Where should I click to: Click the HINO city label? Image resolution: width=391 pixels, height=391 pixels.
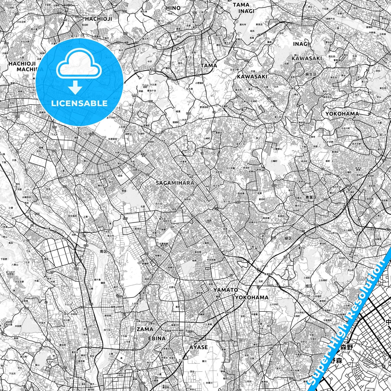click(173, 8)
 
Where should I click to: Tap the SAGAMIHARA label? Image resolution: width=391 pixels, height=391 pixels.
click(175, 183)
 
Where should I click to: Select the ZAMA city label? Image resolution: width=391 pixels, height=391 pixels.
click(145, 329)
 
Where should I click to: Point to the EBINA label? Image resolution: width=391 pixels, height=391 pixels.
click(157, 339)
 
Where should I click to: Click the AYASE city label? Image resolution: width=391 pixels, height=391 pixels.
click(198, 347)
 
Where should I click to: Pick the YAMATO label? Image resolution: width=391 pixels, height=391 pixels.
click(226, 290)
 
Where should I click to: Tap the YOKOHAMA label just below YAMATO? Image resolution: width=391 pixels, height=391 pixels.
click(252, 297)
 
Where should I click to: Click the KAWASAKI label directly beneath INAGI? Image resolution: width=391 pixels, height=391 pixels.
click(307, 58)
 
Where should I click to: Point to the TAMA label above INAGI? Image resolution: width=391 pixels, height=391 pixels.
click(241, 5)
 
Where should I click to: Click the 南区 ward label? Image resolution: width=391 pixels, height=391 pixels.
click(104, 251)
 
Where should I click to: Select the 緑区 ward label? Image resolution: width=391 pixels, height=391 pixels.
click(288, 238)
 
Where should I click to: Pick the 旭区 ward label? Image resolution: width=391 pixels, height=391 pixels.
click(309, 286)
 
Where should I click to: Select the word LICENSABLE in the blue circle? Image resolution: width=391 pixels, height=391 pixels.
click(79, 103)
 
